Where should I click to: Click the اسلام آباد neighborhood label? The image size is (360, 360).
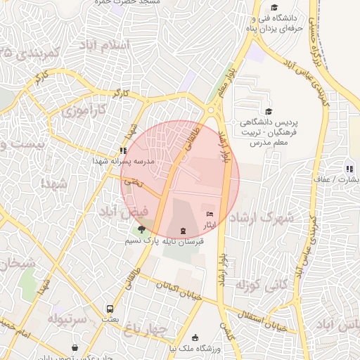pos(103,44)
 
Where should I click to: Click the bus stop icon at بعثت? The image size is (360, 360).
pos(110,309)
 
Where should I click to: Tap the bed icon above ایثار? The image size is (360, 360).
pos(209,214)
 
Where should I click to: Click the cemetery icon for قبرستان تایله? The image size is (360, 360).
pos(184,231)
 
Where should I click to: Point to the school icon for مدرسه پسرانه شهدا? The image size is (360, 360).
pos(123,150)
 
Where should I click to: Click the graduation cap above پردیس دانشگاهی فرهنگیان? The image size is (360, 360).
pos(267,111)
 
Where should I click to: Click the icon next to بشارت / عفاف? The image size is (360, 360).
pos(349,169)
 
